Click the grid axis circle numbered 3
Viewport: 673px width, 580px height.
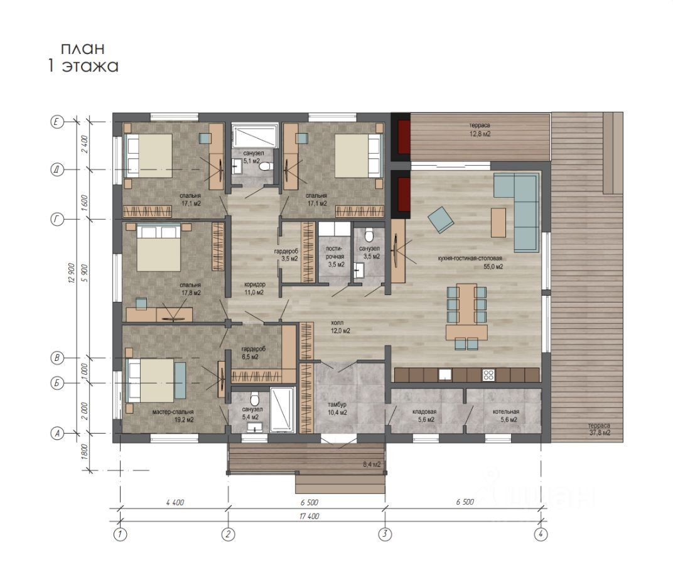[x=385, y=534]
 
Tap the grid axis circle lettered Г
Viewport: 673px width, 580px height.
[x=57, y=220]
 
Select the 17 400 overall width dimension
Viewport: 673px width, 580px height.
[x=309, y=516]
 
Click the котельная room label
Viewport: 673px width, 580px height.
[x=506, y=411]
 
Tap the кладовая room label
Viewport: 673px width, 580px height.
[x=424, y=411]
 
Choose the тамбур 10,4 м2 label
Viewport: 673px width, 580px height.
[x=337, y=409]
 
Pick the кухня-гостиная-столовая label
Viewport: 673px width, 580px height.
[x=470, y=258]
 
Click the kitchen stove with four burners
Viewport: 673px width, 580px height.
[x=488, y=375]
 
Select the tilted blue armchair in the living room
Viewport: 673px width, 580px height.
[x=441, y=220]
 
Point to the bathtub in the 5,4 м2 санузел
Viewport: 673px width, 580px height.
[x=283, y=410]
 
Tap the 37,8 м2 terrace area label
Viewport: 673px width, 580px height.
[x=599, y=429]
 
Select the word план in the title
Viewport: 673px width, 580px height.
[x=82, y=48]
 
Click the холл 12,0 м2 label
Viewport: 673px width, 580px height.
[x=340, y=327]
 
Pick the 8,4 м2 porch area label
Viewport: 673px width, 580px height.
[x=372, y=464]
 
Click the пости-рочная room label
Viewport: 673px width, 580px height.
[x=335, y=256]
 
